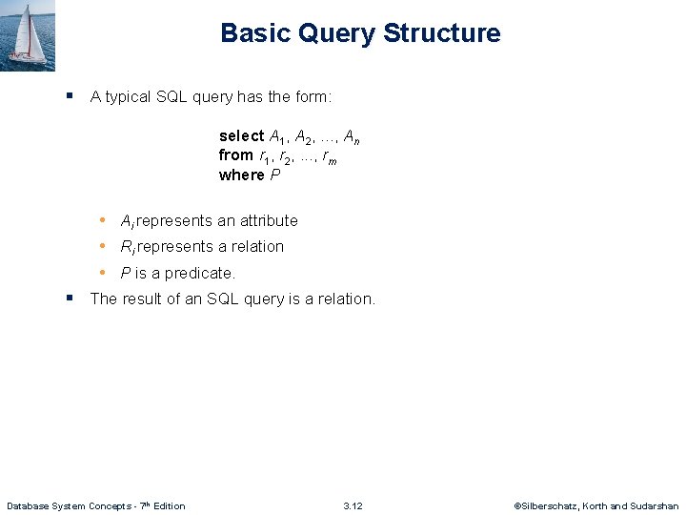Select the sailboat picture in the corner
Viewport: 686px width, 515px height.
28,34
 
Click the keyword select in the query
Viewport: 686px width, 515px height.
242,136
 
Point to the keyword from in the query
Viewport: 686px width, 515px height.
235,155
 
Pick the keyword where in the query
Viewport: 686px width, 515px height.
241,175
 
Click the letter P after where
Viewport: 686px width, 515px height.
275,175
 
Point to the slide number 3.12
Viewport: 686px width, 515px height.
353,505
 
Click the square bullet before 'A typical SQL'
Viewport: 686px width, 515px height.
70,96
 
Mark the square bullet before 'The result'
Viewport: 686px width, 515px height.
70,298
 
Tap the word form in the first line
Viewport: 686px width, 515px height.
313,96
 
